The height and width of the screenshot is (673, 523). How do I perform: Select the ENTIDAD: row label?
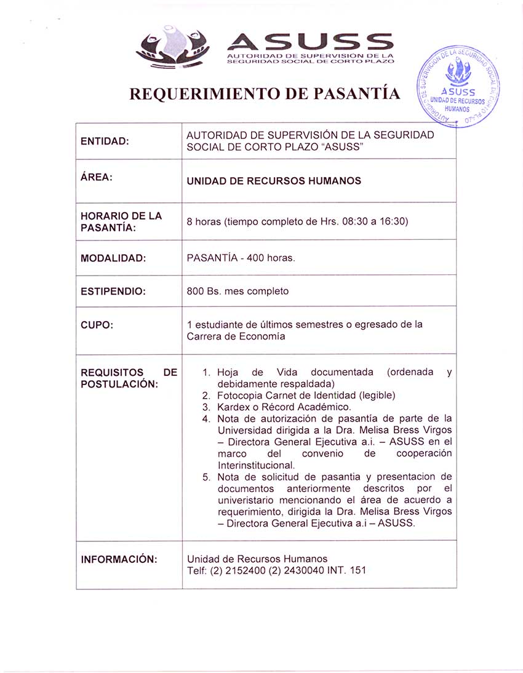(105, 141)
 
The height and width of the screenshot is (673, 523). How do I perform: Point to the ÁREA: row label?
(96, 177)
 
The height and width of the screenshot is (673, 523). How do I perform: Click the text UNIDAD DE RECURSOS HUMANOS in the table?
(274, 181)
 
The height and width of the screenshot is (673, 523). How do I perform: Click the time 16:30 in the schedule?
(394, 221)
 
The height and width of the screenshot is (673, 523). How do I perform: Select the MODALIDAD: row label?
(113, 258)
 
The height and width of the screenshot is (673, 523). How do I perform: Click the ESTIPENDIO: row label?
(113, 291)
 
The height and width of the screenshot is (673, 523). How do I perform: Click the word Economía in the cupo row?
(261, 336)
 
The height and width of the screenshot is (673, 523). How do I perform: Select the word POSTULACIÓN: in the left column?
(119, 384)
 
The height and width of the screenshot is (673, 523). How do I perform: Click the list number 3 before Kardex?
(206, 407)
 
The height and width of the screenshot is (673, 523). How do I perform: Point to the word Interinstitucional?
(257, 465)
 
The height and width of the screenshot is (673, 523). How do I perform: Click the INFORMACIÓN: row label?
(119, 559)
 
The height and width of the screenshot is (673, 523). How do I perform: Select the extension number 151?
(357, 570)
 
